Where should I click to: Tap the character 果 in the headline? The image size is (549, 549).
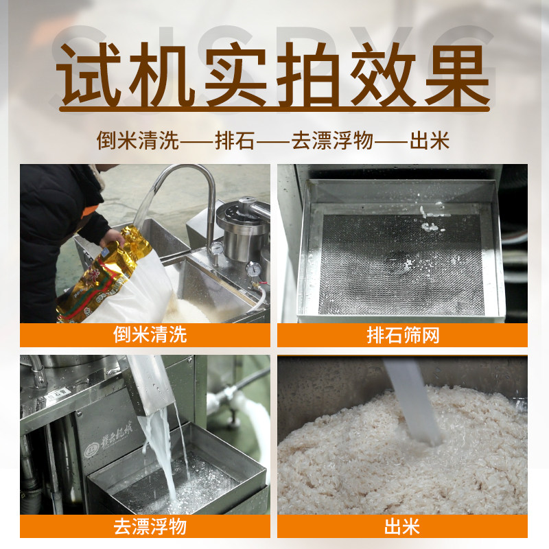(x=457, y=75)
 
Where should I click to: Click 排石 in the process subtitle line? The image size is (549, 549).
(x=235, y=141)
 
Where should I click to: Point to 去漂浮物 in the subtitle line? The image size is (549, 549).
(x=332, y=141)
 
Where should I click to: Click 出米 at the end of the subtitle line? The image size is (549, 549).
(x=430, y=141)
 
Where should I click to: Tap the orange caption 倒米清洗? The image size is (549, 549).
(x=150, y=335)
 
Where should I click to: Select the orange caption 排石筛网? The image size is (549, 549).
(x=403, y=335)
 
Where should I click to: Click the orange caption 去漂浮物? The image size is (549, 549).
(x=150, y=526)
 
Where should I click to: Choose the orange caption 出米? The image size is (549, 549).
(x=402, y=526)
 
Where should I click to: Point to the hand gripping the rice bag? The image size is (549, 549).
(x=112, y=238)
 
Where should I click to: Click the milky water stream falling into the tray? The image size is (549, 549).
(x=162, y=455)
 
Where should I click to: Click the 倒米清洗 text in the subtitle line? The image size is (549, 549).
(x=138, y=141)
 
